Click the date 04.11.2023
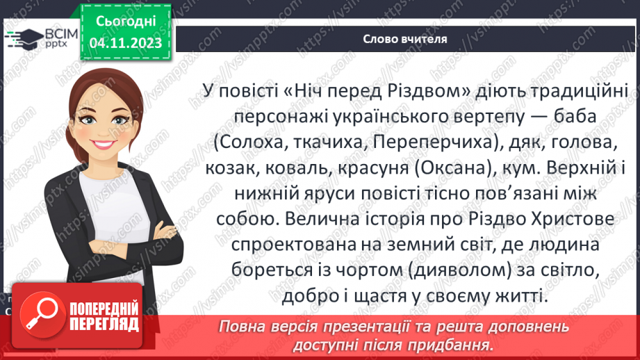[x=126, y=43]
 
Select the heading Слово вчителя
[x=404, y=39]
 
